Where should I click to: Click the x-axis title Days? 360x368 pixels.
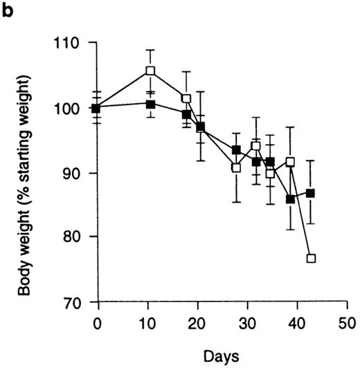point(222,356)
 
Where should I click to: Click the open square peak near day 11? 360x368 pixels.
point(151,71)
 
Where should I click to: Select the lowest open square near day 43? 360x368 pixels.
point(311,258)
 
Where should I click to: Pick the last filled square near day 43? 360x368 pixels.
point(311,193)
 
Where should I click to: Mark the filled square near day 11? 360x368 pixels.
point(151,104)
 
